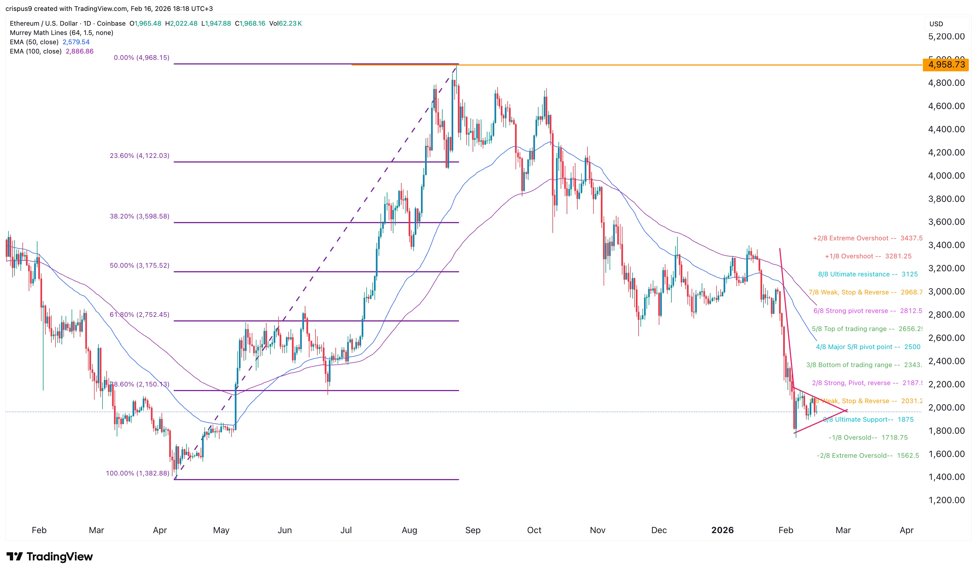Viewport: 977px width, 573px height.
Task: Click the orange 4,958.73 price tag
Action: [946, 65]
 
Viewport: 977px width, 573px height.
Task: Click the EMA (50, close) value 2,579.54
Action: [76, 42]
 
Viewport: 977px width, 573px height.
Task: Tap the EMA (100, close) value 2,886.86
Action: [80, 51]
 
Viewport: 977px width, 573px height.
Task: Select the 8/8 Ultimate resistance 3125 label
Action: [868, 274]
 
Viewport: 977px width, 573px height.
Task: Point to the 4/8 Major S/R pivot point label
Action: [868, 347]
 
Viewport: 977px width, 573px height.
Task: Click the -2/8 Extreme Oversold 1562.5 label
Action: [868, 456]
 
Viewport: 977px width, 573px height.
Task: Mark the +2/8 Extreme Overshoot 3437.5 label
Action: [868, 238]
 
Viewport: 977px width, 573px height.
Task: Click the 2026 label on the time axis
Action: [722, 530]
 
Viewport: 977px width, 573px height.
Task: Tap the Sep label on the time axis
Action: [473, 530]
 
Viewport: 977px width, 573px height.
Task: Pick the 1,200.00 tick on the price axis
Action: [946, 500]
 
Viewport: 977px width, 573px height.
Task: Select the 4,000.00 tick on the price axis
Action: [946, 176]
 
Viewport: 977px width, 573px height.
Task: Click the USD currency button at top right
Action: [936, 24]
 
